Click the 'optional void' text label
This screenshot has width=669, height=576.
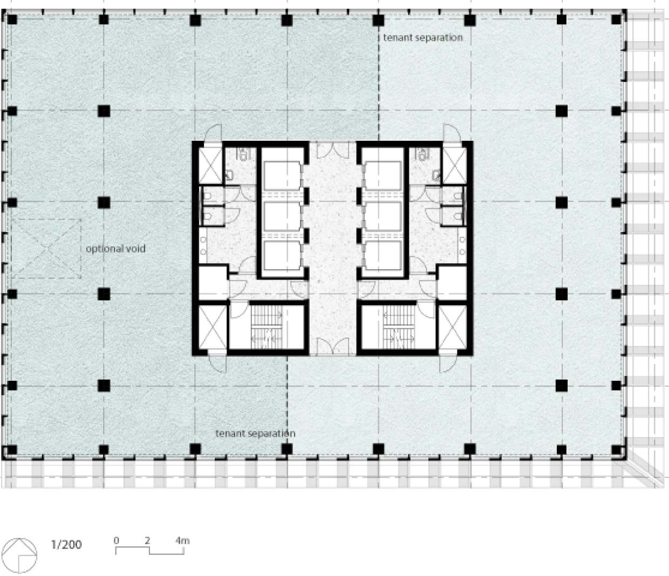115,249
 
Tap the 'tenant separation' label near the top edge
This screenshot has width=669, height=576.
422,38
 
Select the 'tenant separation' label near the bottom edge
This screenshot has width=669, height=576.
255,433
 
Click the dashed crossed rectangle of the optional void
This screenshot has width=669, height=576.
46,249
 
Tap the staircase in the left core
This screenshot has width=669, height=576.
266,327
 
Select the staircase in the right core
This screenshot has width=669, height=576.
399,327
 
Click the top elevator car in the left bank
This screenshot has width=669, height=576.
282,176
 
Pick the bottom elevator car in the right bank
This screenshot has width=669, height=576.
383,255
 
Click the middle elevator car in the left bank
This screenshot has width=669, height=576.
282,216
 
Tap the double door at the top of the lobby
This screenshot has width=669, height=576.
333,150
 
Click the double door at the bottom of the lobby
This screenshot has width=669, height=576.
333,346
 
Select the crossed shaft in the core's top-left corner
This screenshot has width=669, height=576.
210,166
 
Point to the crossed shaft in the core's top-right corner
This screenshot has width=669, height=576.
454,166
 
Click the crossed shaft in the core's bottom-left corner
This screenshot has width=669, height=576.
213,327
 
